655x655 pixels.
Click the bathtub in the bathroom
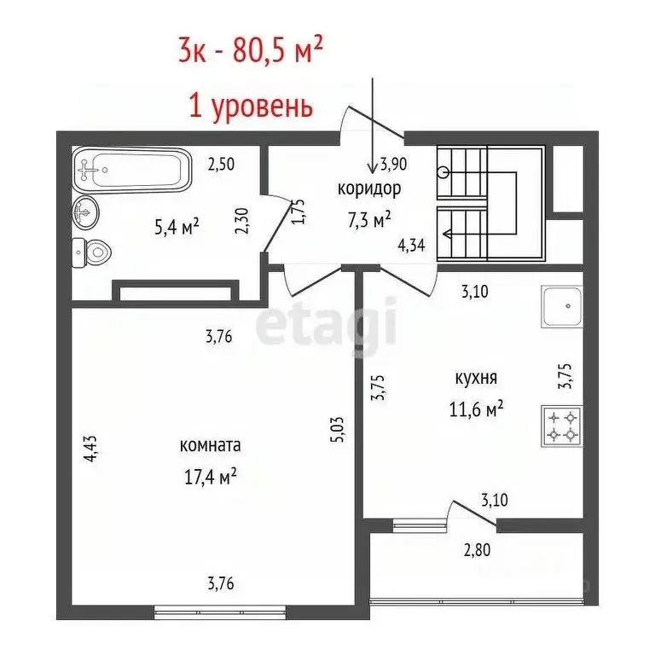132,170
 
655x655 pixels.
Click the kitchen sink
561,308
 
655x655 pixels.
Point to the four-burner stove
560,426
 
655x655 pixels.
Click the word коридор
369,188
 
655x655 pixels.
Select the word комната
210,445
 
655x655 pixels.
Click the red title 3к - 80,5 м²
250,52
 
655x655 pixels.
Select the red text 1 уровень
250,107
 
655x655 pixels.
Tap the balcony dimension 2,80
477,551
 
